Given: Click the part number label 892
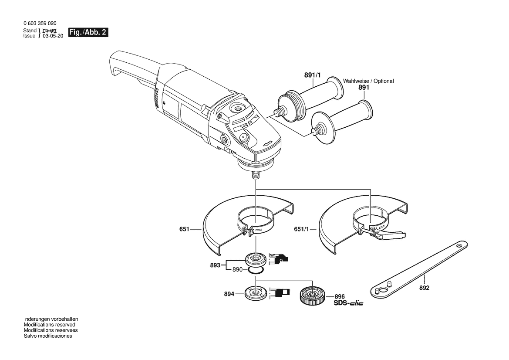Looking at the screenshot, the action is point(424,288).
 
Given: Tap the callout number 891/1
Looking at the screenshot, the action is point(312,75).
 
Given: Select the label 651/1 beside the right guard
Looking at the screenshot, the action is point(301,229).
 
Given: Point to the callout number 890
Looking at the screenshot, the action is point(238,269).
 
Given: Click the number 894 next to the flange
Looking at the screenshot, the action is point(229,294).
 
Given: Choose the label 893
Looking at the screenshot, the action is point(215,265).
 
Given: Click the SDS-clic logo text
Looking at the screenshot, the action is point(348,303).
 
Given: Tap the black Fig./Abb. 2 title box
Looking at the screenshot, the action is point(88,32).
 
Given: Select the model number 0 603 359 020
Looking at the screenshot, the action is point(40,24).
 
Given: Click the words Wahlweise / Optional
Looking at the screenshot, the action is point(368,81).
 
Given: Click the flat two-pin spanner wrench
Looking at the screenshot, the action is point(419,269).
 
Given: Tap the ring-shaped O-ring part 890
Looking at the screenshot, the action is point(256,271).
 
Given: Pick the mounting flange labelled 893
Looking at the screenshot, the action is point(256,259).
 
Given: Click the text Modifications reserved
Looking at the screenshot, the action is point(49,325).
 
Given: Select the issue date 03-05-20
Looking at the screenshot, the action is point(53,36).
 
